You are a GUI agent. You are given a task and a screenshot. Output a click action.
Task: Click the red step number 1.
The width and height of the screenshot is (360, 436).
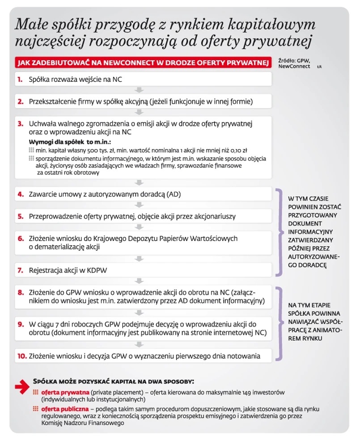pyautogui.click(x=20, y=80)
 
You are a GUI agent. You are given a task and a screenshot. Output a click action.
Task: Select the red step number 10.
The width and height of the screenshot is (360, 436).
pyautogui.click(x=22, y=356)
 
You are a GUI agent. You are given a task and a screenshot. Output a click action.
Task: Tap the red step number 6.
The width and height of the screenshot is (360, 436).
pyautogui.click(x=21, y=238)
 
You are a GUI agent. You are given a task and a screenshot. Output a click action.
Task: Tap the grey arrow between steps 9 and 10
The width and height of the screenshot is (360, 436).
pyautogui.click(x=140, y=344)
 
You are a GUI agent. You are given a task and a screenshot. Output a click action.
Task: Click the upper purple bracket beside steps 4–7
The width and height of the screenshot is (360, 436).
pyautogui.click(x=280, y=231)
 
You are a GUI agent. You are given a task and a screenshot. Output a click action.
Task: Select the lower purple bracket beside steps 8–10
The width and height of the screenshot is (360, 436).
pyautogui.click(x=280, y=323)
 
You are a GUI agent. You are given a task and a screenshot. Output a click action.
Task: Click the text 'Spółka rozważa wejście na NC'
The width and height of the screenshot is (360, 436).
pyautogui.click(x=75, y=80)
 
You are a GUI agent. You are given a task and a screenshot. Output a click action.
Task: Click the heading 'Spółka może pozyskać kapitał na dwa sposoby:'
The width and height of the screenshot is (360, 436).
pyautogui.click(x=114, y=382)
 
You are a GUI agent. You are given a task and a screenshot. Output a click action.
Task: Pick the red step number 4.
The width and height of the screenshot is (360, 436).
pyautogui.click(x=21, y=194)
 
